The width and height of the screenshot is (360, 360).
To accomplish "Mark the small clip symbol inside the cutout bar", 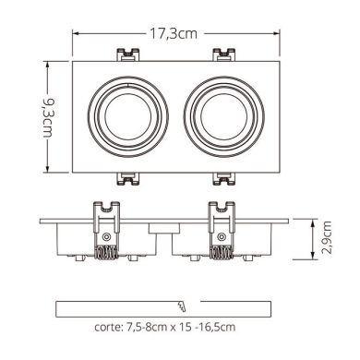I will [181, 306].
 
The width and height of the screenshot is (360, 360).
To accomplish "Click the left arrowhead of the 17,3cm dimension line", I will [75, 34].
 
